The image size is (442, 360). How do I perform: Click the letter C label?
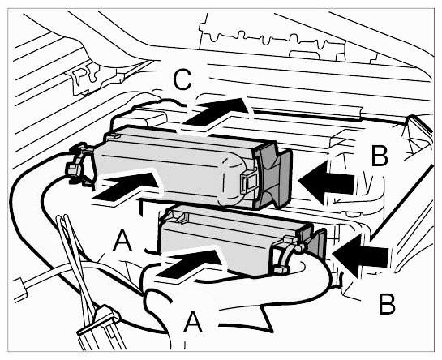182,79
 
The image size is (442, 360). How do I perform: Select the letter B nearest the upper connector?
380,156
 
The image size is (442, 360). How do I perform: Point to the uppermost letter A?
122,240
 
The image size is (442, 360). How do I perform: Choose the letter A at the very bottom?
193,322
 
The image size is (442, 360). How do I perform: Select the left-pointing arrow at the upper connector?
325,182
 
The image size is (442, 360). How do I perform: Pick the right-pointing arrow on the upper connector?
126,186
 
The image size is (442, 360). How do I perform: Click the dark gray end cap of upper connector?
272,175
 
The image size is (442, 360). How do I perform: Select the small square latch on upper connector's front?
248,182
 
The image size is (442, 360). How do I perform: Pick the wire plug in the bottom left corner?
101,330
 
